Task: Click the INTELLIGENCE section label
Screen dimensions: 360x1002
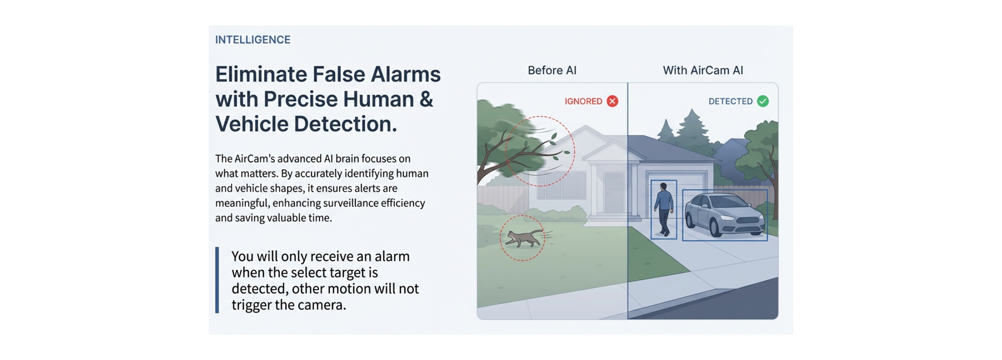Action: (253, 40)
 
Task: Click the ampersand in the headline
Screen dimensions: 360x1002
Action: (426, 99)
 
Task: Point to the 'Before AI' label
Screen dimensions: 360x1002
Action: (552, 70)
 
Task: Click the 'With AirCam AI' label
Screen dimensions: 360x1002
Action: (702, 70)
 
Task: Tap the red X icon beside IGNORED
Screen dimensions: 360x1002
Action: (613, 101)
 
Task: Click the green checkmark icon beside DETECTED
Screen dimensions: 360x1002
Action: (762, 101)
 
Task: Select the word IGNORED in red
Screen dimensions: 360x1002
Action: (583, 101)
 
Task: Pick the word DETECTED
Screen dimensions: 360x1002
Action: (730, 101)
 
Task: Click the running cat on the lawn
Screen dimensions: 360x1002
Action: (523, 238)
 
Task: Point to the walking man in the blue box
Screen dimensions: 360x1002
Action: (664, 208)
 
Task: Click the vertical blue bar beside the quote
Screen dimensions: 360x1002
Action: (217, 280)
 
